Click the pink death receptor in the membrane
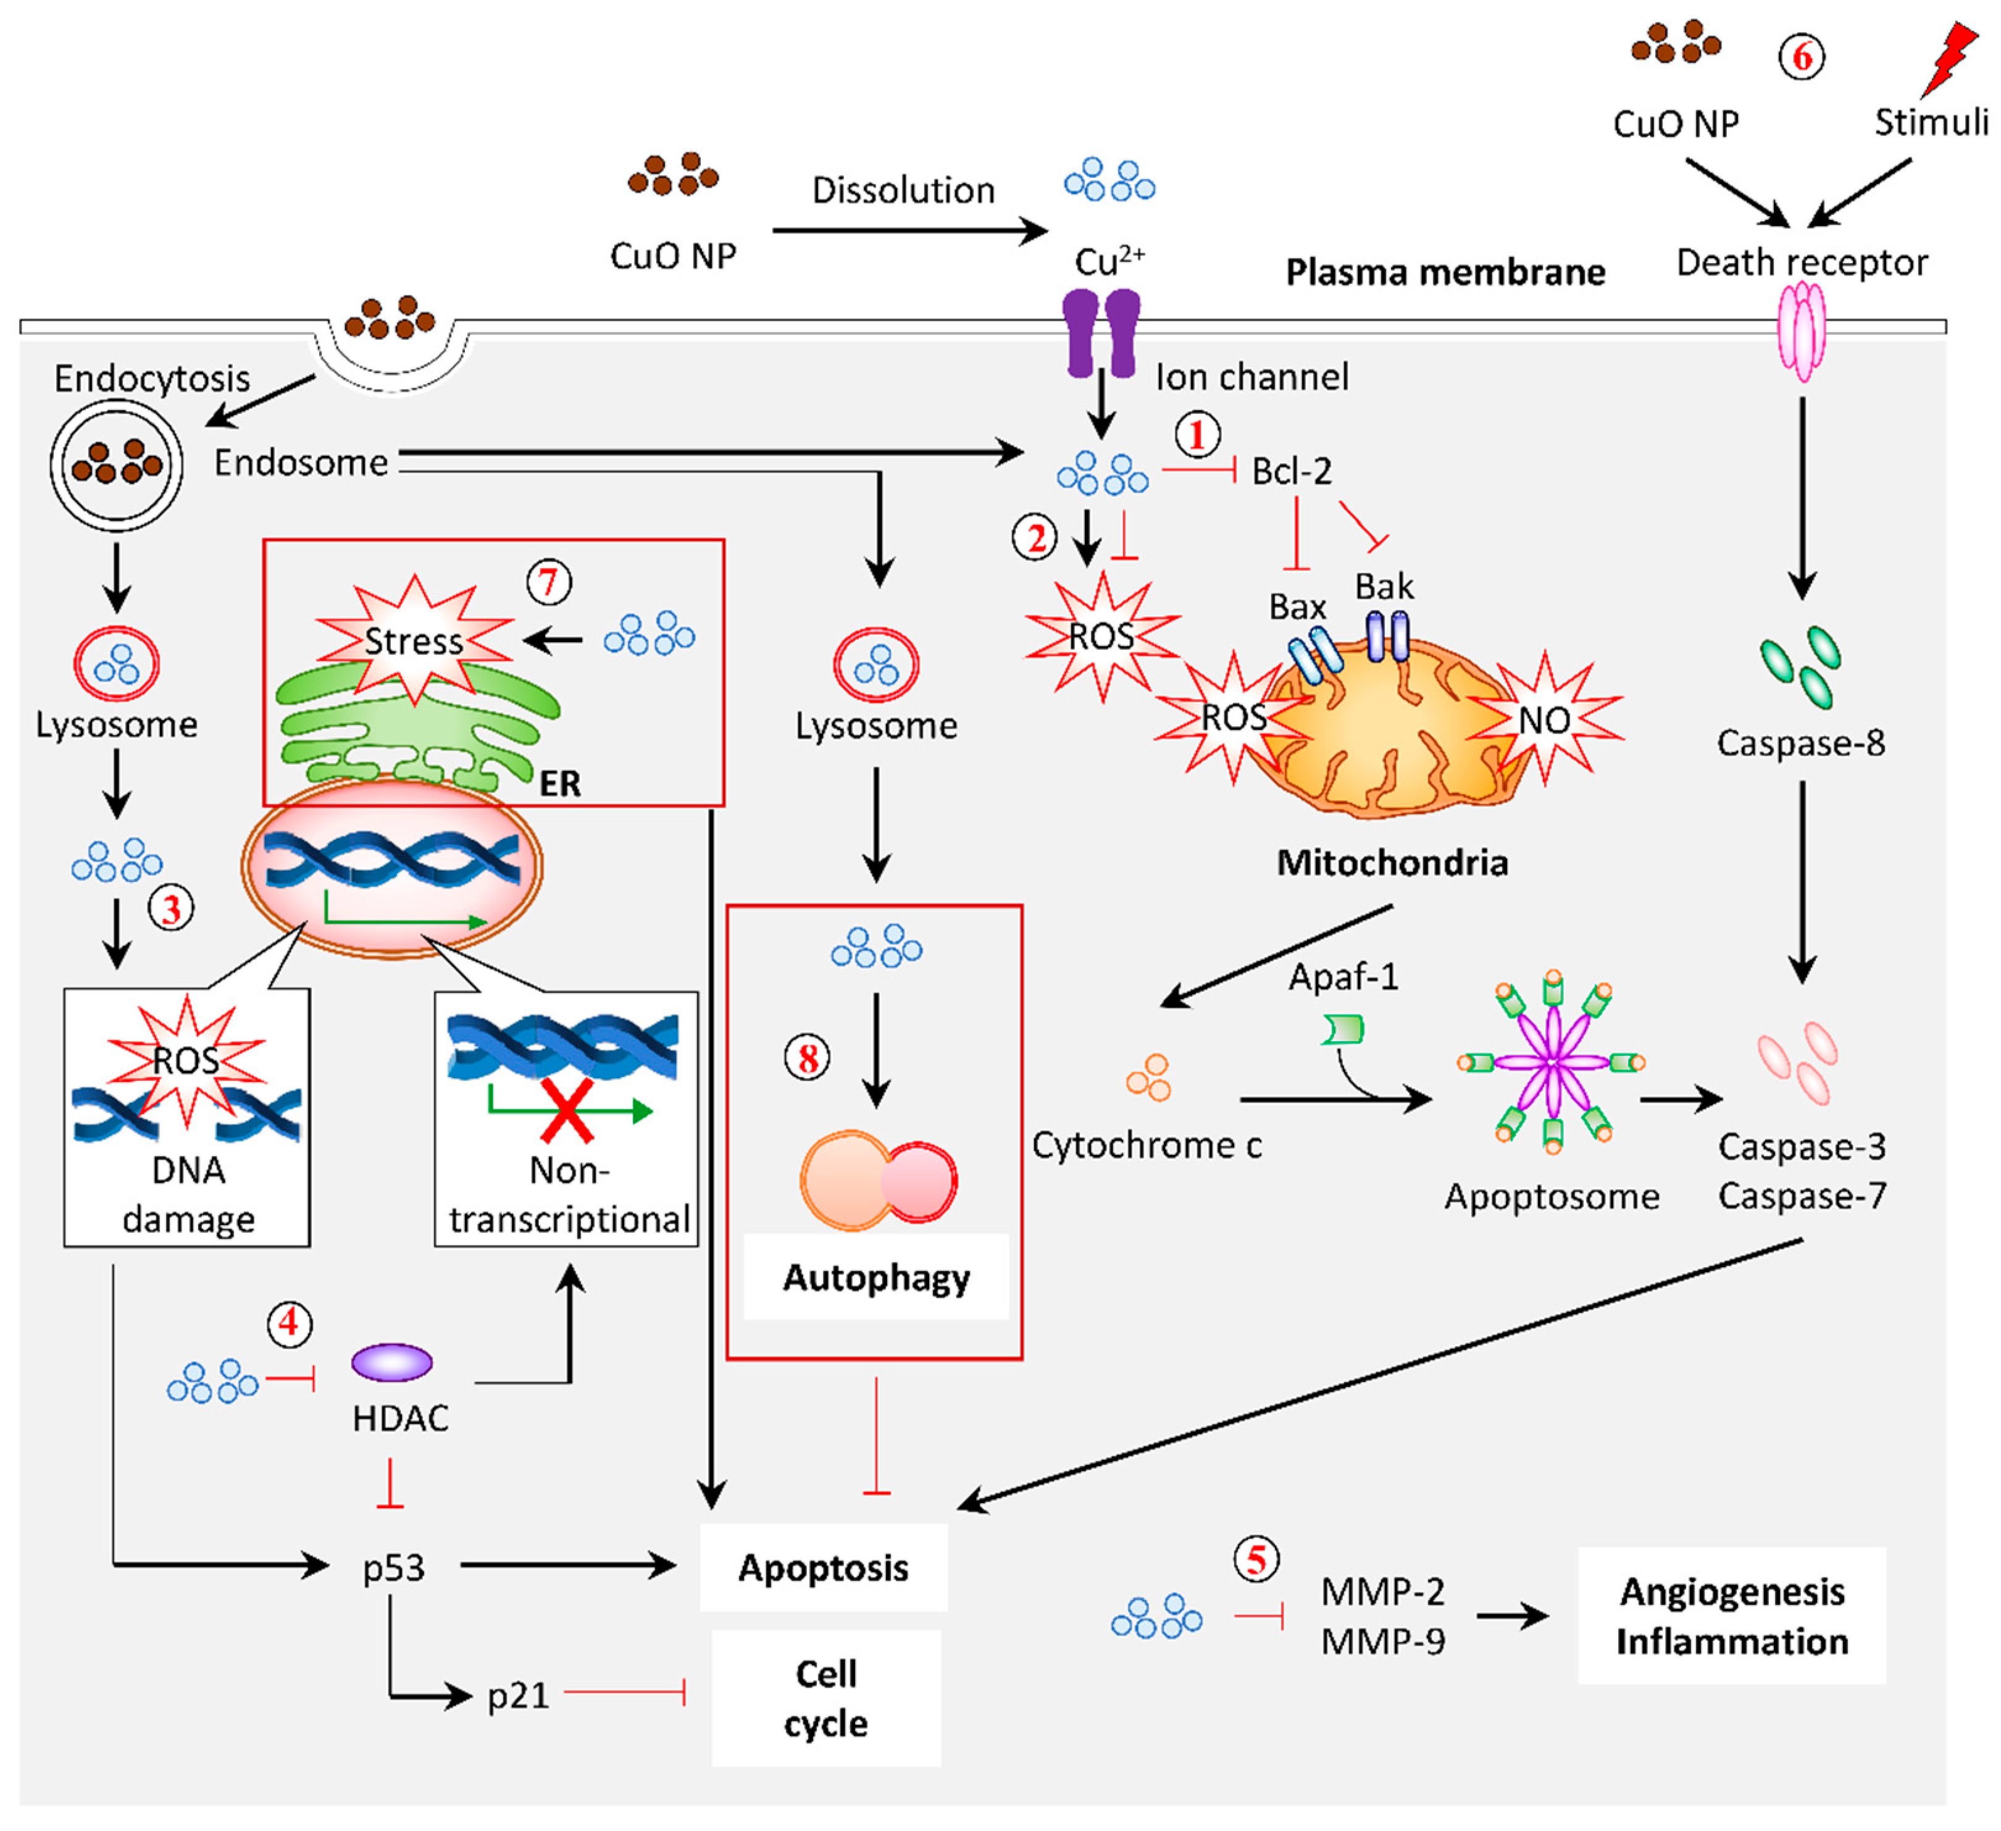(x=1800, y=330)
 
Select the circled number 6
(x=1800, y=57)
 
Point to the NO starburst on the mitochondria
(x=1544, y=719)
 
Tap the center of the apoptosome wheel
(x=1552, y=1062)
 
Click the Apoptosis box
(x=823, y=1568)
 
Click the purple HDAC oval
(x=392, y=1362)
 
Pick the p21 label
(x=517, y=1696)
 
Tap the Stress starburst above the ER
(x=414, y=640)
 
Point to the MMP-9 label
(x=1382, y=1641)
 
